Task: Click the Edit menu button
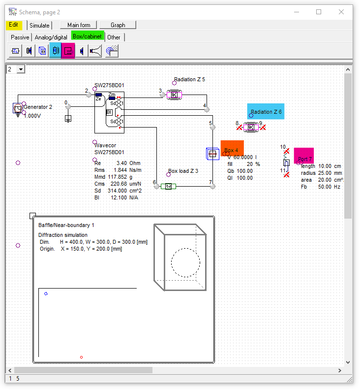(14, 25)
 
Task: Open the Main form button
(79, 25)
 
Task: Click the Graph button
(118, 25)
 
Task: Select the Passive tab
(20, 37)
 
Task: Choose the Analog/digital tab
(51, 37)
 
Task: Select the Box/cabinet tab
(88, 36)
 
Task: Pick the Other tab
(114, 37)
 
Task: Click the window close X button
(341, 12)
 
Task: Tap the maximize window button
(319, 12)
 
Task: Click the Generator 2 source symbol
(18, 108)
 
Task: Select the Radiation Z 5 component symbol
(174, 94)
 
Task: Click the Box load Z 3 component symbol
(168, 186)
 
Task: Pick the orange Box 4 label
(232, 149)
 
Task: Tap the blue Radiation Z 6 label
(265, 112)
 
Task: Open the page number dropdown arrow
(21, 69)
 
